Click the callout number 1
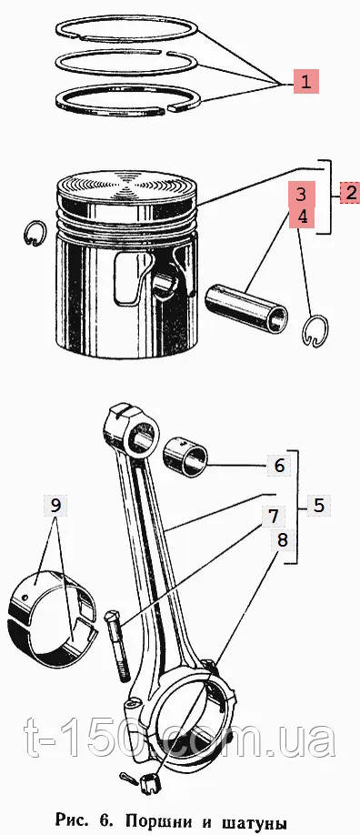(305, 82)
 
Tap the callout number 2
(350, 192)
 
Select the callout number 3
(302, 195)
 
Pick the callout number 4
(302, 216)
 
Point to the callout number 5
(318, 506)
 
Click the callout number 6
(280, 466)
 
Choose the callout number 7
(274, 516)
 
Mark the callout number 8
(282, 540)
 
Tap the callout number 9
(56, 506)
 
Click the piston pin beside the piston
(247, 309)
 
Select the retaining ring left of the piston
(35, 234)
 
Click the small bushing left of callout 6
(185, 457)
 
